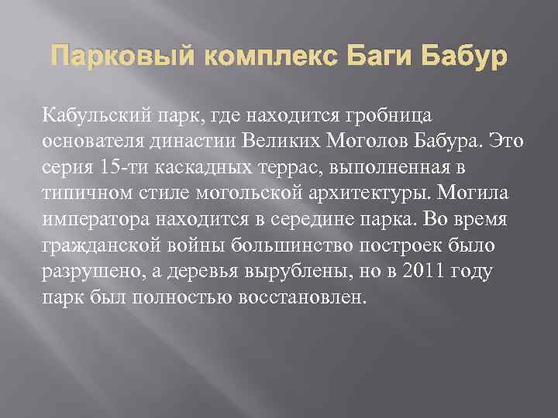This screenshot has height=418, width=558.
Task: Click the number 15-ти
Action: [x=122, y=167]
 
